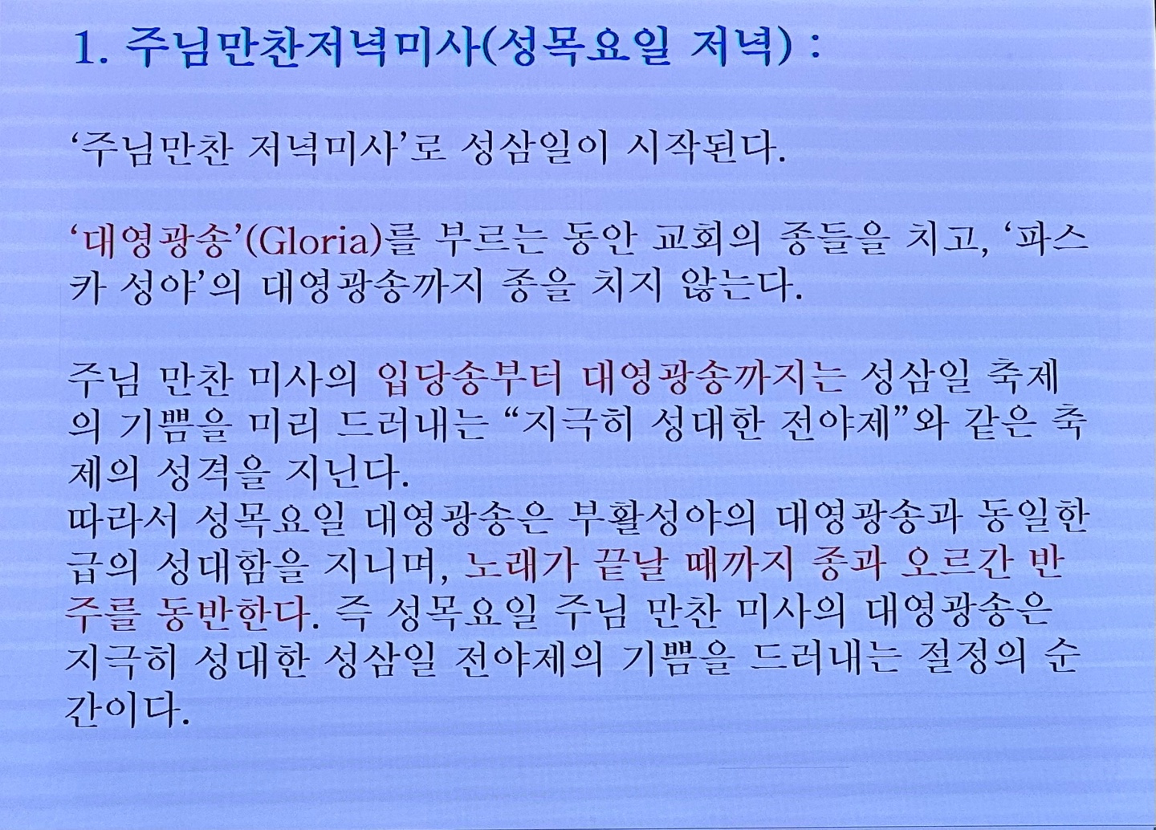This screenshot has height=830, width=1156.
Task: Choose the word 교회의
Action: pos(706,242)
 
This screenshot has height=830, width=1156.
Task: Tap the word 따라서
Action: pos(122,518)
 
